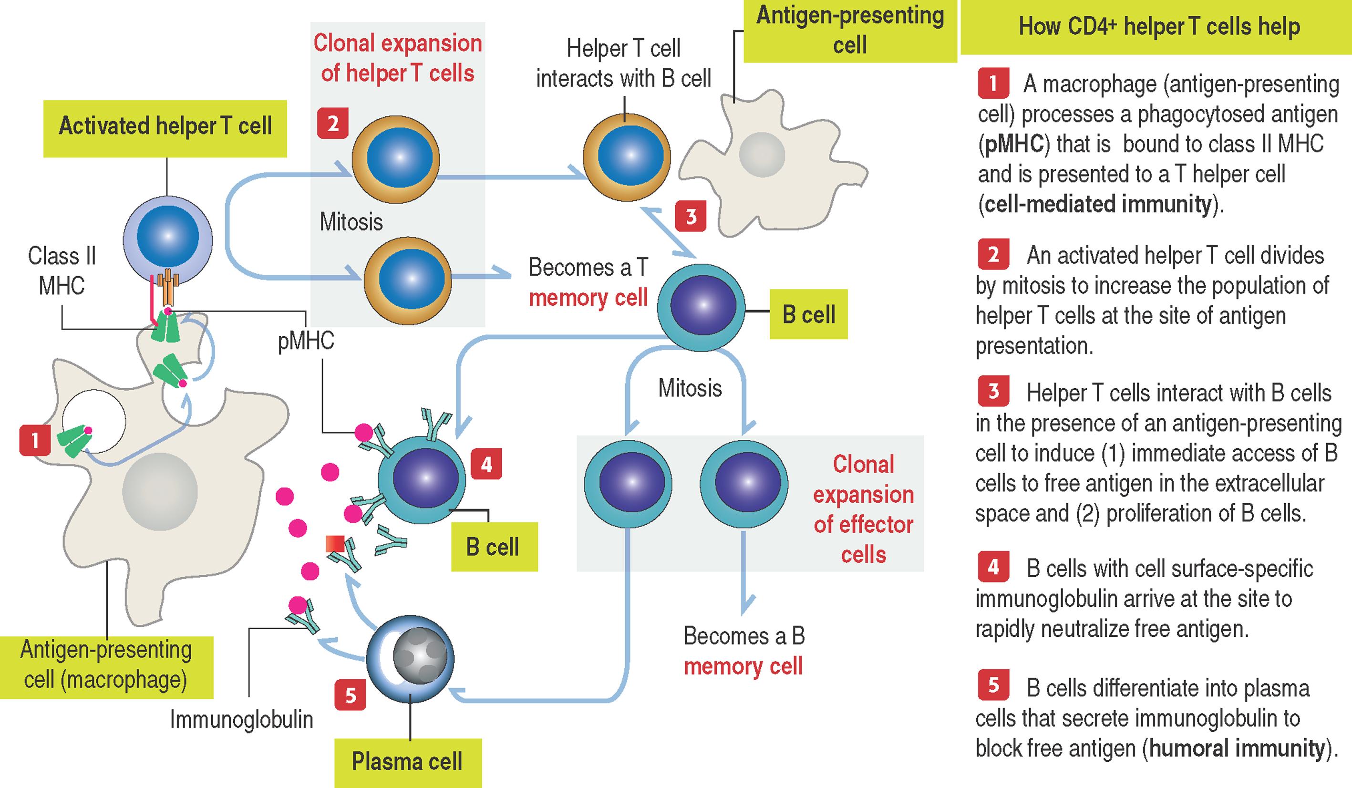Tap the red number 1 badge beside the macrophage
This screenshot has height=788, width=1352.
click(35, 440)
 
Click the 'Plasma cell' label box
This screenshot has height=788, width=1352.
click(407, 762)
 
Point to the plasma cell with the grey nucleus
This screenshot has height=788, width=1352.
click(410, 659)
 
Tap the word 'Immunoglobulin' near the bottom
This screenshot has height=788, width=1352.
click(241, 719)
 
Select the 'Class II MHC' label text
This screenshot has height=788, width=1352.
click(62, 270)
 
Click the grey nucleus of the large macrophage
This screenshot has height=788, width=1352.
click(159, 491)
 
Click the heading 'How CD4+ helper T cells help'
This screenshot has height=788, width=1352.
click(1159, 27)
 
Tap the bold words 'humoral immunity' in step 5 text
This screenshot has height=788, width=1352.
click(1237, 748)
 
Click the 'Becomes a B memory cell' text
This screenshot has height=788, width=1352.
click(743, 651)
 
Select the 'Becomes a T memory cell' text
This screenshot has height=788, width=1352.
click(588, 282)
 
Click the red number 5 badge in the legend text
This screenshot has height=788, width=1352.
click(993, 685)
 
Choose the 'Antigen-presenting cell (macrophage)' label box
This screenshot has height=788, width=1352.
click(106, 665)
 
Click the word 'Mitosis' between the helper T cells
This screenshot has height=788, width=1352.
click(351, 222)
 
